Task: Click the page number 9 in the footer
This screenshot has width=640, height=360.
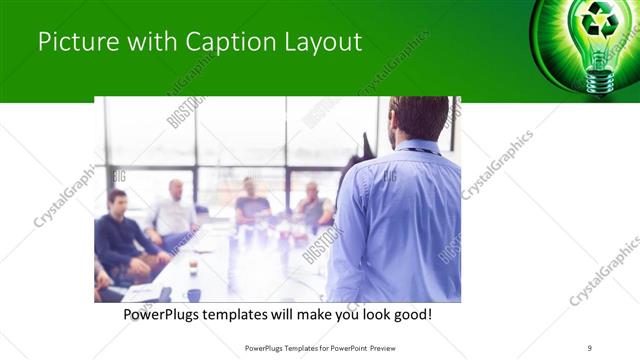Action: [x=590, y=348]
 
